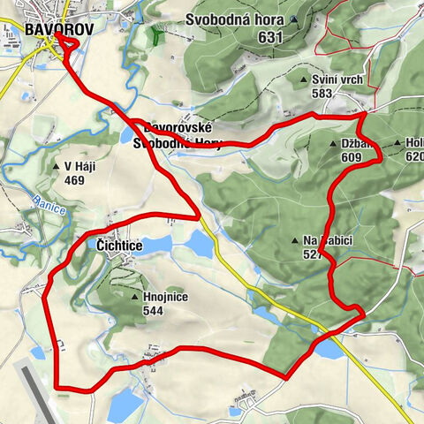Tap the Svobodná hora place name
coord(234,20)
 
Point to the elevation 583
coord(323,93)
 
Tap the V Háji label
coord(79,165)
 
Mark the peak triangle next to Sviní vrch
coord(304,79)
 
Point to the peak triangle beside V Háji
coord(56,165)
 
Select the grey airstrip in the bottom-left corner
coord(31,389)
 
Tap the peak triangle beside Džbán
coord(334,143)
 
